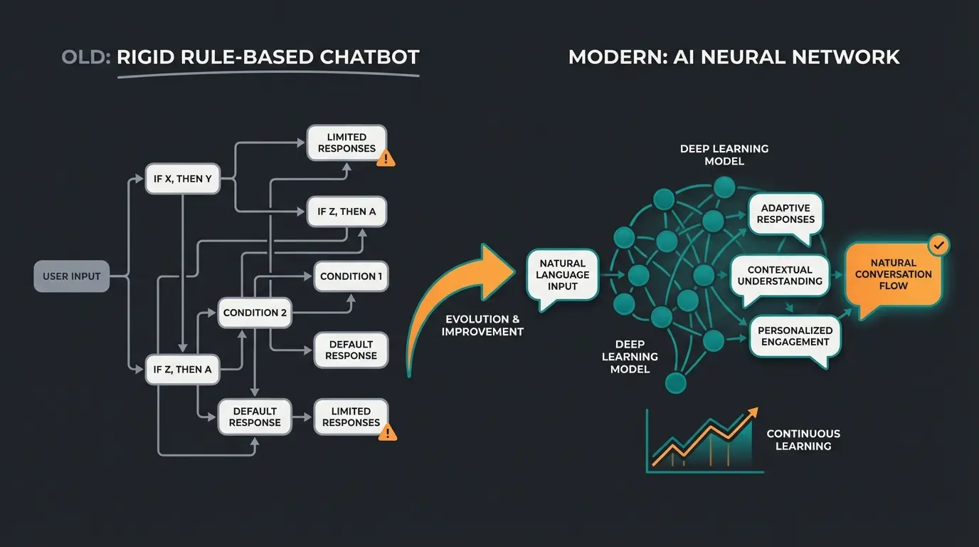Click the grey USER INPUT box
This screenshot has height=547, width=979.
click(72, 276)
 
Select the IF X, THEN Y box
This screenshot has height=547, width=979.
click(183, 179)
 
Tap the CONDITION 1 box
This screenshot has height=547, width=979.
click(351, 276)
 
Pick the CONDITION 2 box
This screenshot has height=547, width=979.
click(255, 313)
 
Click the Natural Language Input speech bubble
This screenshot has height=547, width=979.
click(563, 275)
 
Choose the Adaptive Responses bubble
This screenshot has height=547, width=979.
click(785, 214)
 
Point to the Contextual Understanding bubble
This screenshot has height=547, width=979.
click(780, 276)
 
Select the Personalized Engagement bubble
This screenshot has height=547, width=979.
click(795, 336)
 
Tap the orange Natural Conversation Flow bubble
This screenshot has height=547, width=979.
click(893, 274)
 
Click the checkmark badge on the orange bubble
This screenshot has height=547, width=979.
click(939, 246)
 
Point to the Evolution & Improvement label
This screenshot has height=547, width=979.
click(482, 325)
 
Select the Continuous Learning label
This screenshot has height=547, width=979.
click(803, 439)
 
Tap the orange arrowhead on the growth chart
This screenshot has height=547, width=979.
click(751, 413)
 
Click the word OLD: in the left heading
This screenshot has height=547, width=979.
click(86, 57)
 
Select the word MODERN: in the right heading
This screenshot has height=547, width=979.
click(616, 57)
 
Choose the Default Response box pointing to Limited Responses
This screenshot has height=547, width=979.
click(255, 417)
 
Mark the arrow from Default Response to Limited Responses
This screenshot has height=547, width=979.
click(303, 417)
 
